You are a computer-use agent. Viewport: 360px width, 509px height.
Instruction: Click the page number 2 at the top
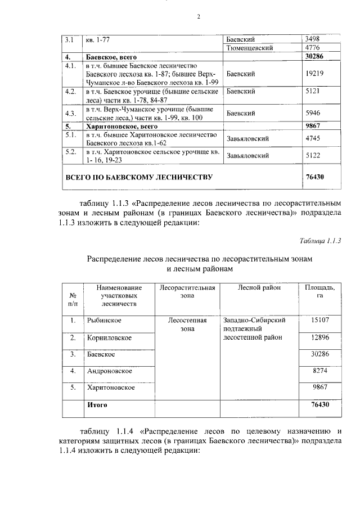pos(198,16)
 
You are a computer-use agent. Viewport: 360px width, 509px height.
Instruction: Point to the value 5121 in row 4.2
pos(312,91)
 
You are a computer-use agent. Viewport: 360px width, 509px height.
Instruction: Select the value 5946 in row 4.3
pos(312,113)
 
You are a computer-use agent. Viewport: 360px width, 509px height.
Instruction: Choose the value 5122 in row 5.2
pos(312,155)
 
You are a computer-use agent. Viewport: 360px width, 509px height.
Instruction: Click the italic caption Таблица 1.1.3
pos(321,241)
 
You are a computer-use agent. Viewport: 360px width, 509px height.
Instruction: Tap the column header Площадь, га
pos(319,291)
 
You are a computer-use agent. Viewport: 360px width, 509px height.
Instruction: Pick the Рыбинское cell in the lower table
pos(104,320)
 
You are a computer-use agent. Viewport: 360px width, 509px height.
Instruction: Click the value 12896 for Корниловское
pos(319,337)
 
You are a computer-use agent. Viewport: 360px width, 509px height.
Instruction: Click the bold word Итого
pos(96,404)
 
